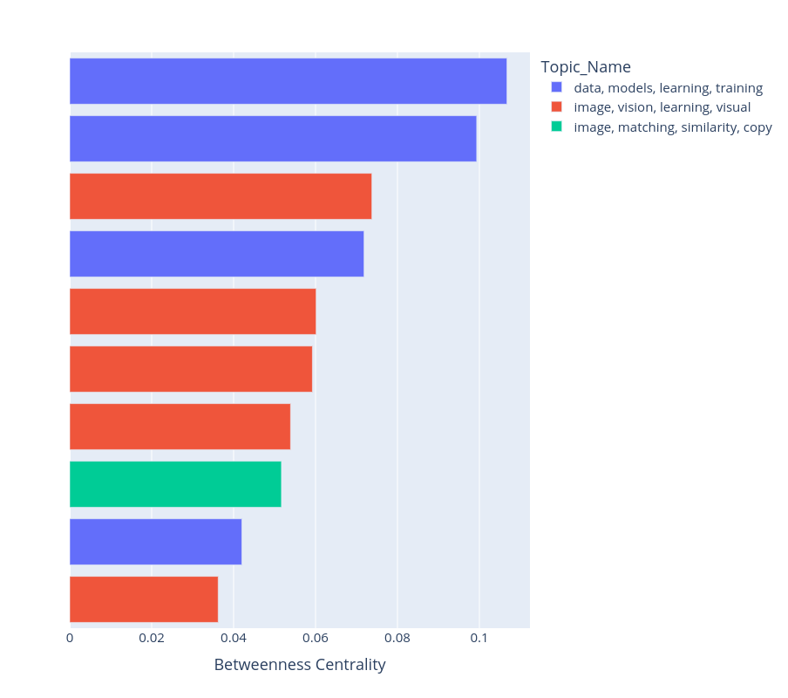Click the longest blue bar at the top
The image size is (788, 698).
click(288, 81)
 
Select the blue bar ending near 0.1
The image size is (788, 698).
click(273, 139)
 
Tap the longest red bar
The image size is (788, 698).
click(221, 196)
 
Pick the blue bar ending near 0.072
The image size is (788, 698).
click(216, 254)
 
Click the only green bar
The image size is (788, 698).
click(175, 484)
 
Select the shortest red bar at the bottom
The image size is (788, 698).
click(144, 599)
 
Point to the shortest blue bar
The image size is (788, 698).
click(155, 542)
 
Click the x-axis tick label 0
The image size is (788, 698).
click(70, 638)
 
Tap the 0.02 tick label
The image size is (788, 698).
click(152, 638)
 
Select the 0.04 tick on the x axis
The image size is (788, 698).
click(233, 638)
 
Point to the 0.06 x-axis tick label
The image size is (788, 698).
click(315, 638)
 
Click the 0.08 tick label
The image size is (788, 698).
click(397, 638)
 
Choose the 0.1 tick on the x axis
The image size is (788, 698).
click(479, 638)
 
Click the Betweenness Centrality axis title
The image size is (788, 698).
click(299, 665)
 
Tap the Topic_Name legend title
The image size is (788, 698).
click(586, 67)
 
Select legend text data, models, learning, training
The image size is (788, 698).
click(668, 88)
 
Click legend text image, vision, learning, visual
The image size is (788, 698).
click(662, 107)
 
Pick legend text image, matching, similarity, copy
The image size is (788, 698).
click(673, 127)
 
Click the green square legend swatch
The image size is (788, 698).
click(557, 127)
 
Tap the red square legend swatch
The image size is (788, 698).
click(557, 106)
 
